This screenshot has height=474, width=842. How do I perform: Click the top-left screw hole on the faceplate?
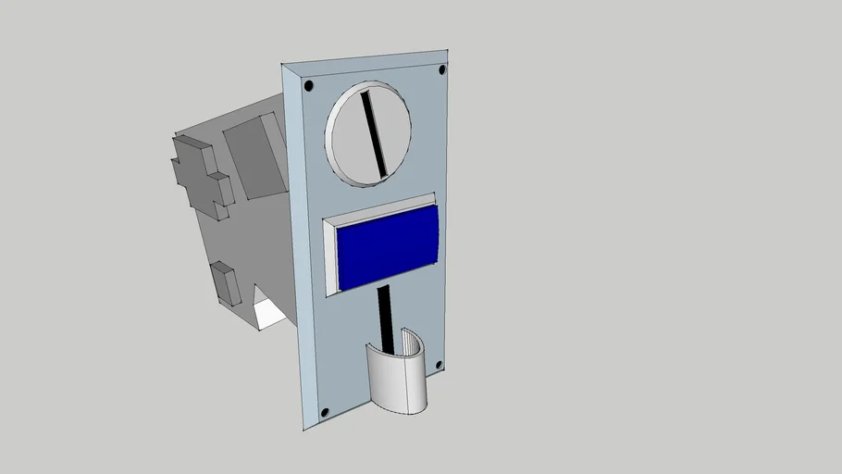[308, 86]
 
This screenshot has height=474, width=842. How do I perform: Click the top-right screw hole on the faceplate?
[441, 69]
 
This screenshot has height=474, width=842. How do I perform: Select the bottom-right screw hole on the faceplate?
[439, 365]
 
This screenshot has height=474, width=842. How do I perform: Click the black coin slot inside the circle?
[374, 133]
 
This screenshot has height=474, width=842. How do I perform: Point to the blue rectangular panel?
[388, 247]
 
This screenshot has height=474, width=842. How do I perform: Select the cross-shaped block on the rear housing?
[200, 176]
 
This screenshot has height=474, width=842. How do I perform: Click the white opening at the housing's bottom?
[269, 315]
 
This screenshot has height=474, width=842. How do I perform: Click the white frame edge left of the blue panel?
[330, 259]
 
